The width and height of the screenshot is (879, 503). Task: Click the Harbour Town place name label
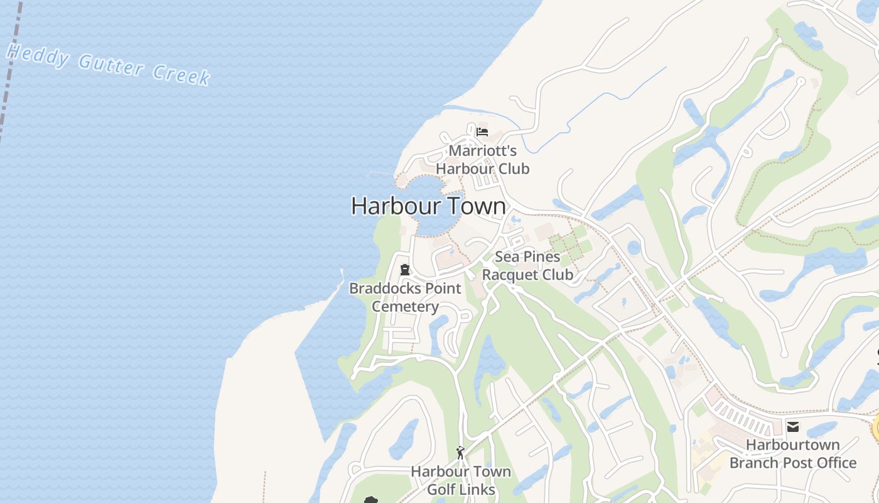428,206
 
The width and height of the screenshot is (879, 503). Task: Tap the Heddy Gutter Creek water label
108,64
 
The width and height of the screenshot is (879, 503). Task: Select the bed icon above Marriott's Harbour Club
482,132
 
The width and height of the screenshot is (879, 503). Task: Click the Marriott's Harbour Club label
483,160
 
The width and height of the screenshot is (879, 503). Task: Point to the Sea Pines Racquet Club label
527,265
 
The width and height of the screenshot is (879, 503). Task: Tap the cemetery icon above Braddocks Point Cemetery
405,270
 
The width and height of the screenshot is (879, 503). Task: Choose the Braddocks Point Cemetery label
405,297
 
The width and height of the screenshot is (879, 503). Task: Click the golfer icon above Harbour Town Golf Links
460,452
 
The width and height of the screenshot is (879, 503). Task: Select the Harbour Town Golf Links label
461,480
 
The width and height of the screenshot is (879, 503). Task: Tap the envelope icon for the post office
793,427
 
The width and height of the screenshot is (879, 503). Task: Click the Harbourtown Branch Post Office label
793,454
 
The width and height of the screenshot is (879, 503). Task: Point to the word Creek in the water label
181,74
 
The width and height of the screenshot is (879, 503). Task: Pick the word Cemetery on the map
405,307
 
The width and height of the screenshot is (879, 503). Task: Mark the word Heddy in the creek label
37,55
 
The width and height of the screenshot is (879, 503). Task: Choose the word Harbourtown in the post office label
793,445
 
